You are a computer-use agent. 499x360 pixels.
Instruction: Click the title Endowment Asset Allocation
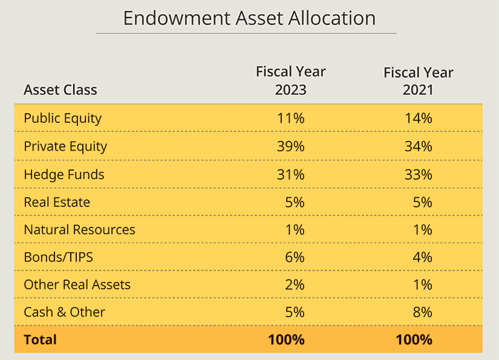[249, 18]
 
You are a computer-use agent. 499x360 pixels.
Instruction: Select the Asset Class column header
[60, 90]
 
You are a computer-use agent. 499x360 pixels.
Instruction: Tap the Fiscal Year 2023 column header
[290, 81]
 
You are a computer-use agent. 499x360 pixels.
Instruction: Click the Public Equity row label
[62, 118]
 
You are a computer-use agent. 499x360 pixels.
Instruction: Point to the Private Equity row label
[65, 146]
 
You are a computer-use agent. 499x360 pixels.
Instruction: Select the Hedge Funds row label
[64, 174]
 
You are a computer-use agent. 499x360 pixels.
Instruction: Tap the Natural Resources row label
[79, 230]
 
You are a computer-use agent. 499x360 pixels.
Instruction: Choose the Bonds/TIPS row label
[58, 257]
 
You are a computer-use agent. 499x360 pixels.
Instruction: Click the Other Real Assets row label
[77, 284]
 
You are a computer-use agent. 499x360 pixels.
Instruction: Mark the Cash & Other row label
[64, 312]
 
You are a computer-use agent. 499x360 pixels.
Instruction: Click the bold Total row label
[40, 339]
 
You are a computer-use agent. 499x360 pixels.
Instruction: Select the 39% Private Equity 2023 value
[290, 146]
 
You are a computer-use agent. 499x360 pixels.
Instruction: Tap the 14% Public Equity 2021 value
[419, 118]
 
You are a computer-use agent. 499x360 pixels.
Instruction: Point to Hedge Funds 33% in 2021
[419, 174]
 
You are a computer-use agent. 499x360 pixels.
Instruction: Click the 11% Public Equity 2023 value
[290, 118]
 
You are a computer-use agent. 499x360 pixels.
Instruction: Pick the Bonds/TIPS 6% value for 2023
[294, 257]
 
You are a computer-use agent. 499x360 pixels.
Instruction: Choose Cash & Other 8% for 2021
[422, 312]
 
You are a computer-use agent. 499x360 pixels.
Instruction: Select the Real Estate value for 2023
[294, 202]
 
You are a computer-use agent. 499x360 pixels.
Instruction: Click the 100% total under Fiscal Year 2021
[414, 339]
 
